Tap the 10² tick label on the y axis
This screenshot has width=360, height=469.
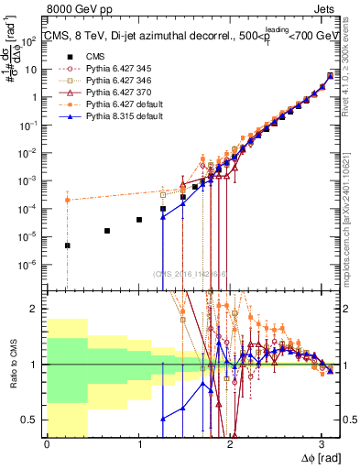pos(30,41)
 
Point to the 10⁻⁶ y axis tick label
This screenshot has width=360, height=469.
pos(30,264)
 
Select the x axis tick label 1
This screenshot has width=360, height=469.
pos(139,444)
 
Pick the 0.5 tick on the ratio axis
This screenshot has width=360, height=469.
pos(33,420)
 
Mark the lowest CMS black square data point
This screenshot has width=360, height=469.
pos(67,245)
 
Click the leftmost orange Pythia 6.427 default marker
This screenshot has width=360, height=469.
pos(67,200)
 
